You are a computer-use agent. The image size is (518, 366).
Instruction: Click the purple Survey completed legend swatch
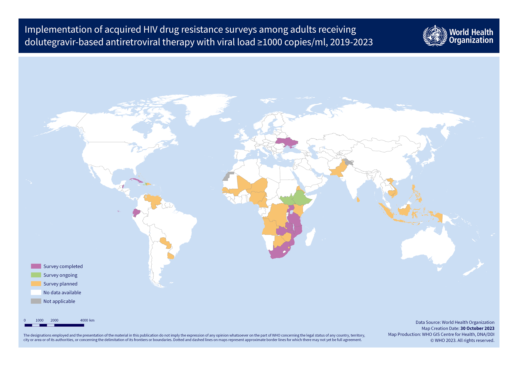pyautogui.click(x=36, y=266)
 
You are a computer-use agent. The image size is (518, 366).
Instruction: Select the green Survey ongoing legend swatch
pyautogui.click(x=36, y=275)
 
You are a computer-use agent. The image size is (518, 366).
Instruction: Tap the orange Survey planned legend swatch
pyautogui.click(x=36, y=284)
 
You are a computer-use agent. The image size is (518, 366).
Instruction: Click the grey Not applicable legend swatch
pyautogui.click(x=36, y=301)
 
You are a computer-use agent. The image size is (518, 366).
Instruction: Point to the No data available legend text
pyautogui.click(x=62, y=292)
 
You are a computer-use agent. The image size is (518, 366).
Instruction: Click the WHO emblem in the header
pyautogui.click(x=435, y=36)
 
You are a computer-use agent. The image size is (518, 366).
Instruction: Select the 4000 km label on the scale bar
pyautogui.click(x=87, y=320)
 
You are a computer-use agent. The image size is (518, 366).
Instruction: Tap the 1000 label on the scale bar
pyautogui.click(x=39, y=320)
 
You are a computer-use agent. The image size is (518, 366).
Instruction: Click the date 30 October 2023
pyautogui.click(x=477, y=328)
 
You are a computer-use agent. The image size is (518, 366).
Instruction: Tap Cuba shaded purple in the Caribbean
pyautogui.click(x=136, y=180)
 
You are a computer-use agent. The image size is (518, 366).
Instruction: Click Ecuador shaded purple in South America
pyautogui.click(x=136, y=213)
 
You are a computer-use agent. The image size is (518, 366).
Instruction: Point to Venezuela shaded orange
pyautogui.click(x=153, y=200)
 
